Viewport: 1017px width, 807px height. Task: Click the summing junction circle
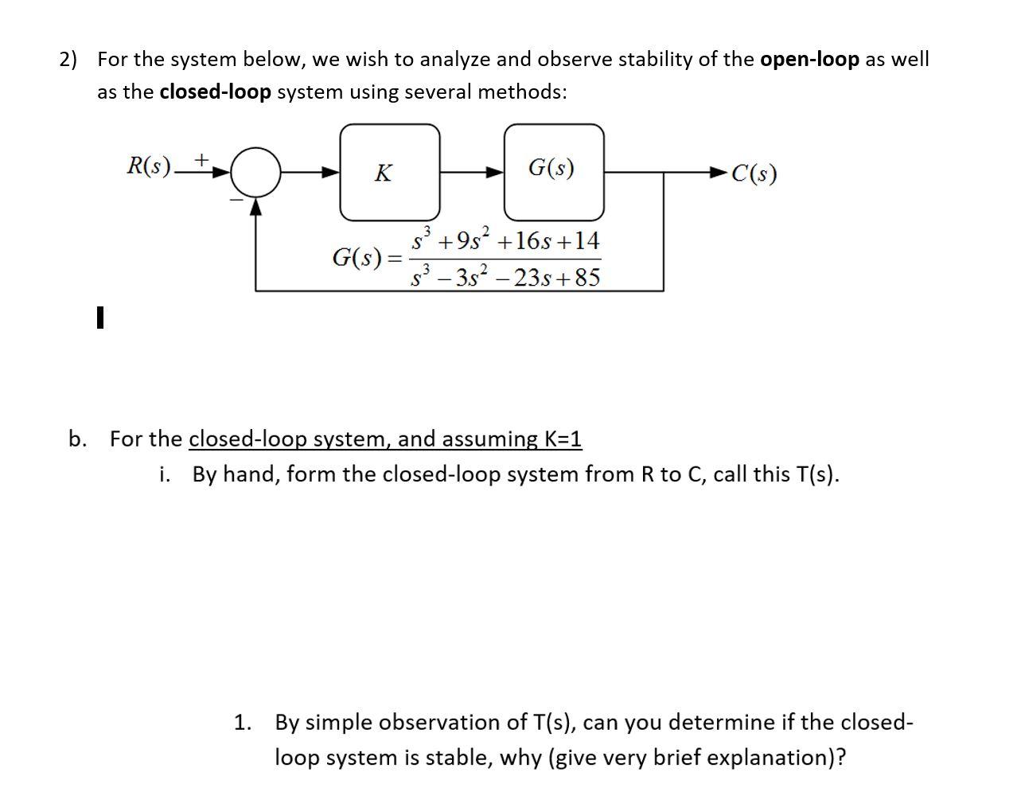tap(255, 172)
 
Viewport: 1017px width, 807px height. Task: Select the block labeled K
tap(389, 172)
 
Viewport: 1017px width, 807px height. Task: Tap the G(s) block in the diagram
tap(553, 172)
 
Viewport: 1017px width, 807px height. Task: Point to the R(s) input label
tap(149, 166)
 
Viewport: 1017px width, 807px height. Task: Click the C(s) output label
tap(754, 173)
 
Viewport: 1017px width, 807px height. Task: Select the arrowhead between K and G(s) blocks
tap(495, 172)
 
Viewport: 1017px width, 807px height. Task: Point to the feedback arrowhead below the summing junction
tap(255, 207)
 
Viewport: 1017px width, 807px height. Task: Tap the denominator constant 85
tap(586, 278)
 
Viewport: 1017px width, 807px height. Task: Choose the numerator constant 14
tap(586, 240)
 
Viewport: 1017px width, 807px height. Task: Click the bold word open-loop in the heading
tap(809, 60)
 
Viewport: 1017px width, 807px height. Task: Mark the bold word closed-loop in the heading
tap(215, 92)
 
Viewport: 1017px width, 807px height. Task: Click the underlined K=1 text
tap(563, 439)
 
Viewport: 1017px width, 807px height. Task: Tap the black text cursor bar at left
tap(99, 318)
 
